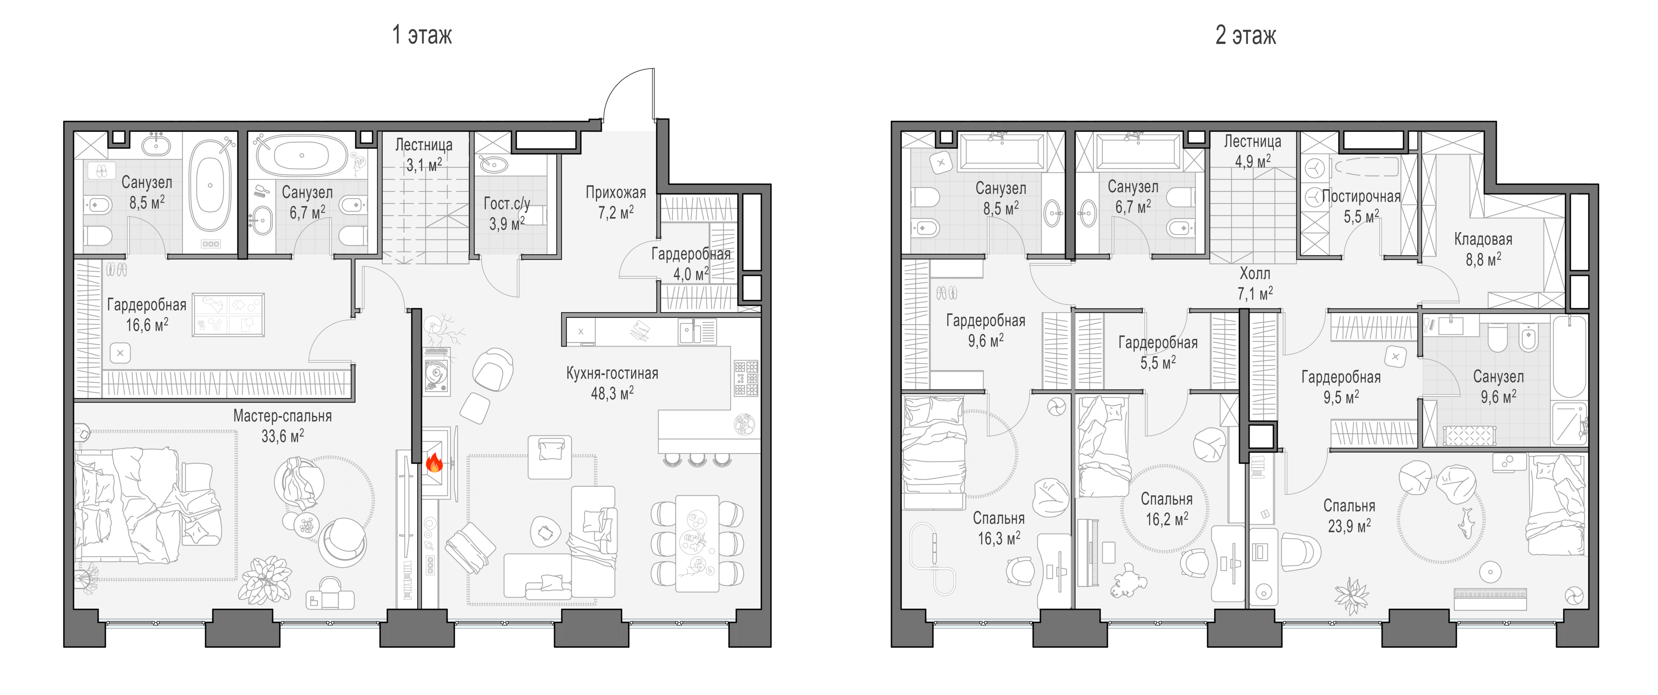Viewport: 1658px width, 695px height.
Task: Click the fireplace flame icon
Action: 434,463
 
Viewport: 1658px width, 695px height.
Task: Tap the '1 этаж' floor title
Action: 422,35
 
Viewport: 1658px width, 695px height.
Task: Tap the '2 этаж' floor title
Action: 1246,35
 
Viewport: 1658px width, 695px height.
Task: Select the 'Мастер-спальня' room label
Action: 283,416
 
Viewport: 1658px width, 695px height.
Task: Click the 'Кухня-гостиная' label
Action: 612,373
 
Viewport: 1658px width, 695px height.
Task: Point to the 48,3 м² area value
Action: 612,393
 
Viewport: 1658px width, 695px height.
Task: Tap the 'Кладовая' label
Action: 1483,239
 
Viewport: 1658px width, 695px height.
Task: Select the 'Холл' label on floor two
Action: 1254,274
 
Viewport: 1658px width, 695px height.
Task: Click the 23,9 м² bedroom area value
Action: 1349,526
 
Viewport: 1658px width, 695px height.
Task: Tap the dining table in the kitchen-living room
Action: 697,543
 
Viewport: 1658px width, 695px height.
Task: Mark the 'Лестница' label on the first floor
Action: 424,145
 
